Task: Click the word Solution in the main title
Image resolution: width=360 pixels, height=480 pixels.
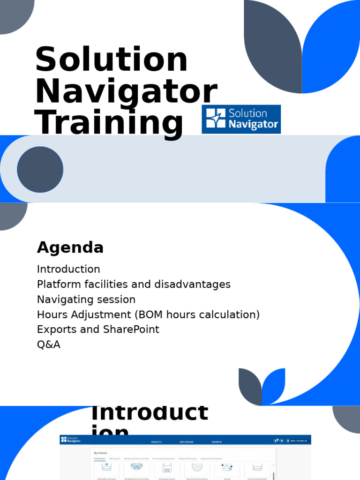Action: (x=111, y=60)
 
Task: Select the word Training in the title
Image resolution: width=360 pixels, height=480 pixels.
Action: (x=109, y=122)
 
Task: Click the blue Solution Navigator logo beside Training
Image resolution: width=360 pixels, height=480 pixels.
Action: (x=241, y=119)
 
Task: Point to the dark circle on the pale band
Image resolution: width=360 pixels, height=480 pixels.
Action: (x=40, y=169)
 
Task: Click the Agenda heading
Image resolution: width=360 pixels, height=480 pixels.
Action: (x=70, y=247)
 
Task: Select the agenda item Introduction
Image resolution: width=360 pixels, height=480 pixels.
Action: (x=68, y=269)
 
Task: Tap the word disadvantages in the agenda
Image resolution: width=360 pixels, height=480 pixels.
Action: (x=194, y=284)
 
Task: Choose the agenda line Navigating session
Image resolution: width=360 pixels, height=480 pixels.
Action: (x=86, y=299)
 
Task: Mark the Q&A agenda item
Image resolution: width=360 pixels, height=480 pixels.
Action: (x=49, y=345)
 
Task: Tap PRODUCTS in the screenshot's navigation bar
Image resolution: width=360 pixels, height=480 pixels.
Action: (x=157, y=442)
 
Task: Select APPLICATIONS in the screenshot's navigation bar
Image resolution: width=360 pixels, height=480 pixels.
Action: (x=186, y=442)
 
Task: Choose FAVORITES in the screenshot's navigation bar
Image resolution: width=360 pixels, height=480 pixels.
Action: (x=217, y=442)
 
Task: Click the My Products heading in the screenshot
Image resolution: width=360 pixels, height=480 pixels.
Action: (x=101, y=453)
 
